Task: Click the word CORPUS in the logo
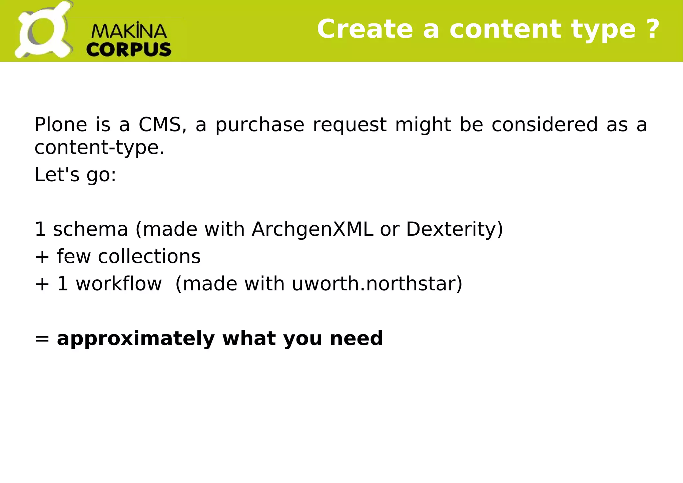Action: (x=129, y=50)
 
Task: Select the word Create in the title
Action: (x=365, y=29)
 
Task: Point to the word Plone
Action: (x=61, y=125)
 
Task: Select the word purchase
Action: (x=260, y=125)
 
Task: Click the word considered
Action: (x=545, y=125)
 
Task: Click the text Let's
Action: (x=57, y=174)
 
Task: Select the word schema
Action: (x=90, y=229)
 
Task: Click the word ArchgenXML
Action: (x=312, y=229)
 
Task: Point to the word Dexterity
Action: (x=451, y=229)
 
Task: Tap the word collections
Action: (x=149, y=256)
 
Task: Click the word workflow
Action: (x=118, y=284)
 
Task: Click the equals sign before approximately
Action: (x=42, y=339)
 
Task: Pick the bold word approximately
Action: (x=136, y=339)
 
